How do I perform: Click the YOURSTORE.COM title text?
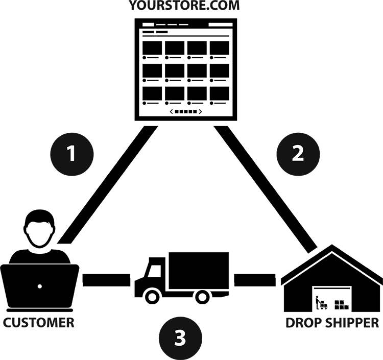coord(184,6)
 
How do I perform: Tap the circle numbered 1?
coord(72,153)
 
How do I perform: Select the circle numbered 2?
coord(298,153)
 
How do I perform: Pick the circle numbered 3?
coord(180,338)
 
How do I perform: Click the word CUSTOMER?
coord(39,323)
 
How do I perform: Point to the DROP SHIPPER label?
coord(332,323)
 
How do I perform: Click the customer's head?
coord(40,229)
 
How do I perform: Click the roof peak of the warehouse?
coord(332,247)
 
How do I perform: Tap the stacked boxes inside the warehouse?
coord(341,305)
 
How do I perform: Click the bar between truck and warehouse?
coord(255,280)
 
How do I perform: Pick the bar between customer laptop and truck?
coord(106,280)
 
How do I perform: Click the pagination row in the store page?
coord(186,111)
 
